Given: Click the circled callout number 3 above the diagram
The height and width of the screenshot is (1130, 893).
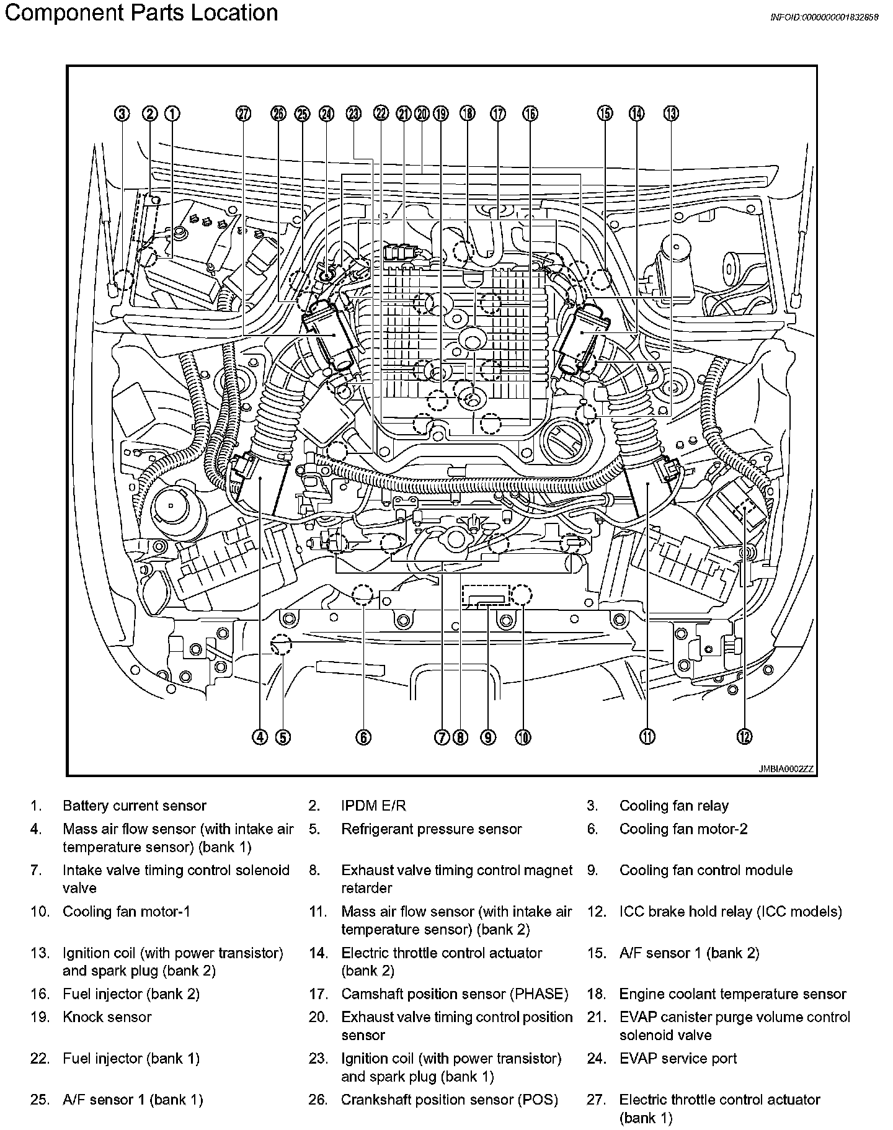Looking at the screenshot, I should pos(122,113).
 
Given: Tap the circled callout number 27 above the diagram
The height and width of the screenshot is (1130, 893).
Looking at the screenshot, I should pos(243,113).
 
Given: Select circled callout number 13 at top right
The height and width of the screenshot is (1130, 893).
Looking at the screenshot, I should pos(671,113).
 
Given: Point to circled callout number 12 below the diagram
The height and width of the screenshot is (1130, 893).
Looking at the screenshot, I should pos(744,737).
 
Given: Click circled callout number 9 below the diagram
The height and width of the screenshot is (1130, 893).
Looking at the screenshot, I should pos(488,737).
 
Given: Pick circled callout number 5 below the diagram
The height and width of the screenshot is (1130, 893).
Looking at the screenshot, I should pos(283,737).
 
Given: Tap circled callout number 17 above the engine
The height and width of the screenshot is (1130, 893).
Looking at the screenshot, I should pos(498,113).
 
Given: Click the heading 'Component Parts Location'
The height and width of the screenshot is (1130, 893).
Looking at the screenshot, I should pos(141,13).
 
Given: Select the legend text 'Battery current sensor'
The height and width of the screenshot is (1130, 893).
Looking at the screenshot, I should pos(134,806).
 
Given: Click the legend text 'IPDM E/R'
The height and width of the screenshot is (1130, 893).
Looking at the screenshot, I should pos(373,806).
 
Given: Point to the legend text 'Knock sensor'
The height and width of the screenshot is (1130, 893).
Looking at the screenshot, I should pos(107,1017).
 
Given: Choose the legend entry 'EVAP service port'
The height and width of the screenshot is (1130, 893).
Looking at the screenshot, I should pos(678,1058).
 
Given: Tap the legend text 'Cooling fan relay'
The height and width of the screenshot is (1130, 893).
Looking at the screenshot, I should pos(673,806).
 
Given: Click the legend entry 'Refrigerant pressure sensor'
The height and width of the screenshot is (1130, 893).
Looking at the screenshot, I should pos(432,829).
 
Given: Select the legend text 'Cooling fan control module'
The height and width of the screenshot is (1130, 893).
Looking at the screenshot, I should pos(706,870).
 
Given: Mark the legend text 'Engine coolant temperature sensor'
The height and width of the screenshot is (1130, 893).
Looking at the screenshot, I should pos(732,994).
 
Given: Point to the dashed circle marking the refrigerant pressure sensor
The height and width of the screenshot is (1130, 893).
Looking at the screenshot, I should pos(281,644).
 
